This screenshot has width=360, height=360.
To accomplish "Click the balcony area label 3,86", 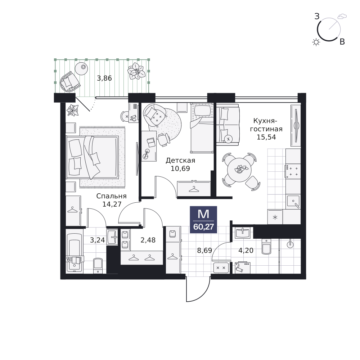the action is pyautogui.click(x=104, y=78).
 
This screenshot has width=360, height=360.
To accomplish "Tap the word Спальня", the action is pyautogui.click(x=111, y=196).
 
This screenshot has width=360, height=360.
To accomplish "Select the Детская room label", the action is pyautogui.click(x=180, y=160).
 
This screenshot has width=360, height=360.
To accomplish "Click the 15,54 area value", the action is pyautogui.click(x=266, y=137).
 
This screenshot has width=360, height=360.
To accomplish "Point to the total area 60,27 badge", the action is pyautogui.click(x=203, y=220).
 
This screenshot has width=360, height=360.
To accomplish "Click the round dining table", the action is pyautogui.click(x=239, y=170).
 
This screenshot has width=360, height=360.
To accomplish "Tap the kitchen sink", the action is pyautogui.click(x=293, y=201).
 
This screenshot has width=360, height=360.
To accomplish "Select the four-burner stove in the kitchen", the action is pyautogui.click(x=293, y=171).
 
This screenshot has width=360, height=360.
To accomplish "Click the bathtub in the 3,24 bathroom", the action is pyautogui.click(x=75, y=253).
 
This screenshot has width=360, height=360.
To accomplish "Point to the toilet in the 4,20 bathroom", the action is pyautogui.click(x=266, y=247).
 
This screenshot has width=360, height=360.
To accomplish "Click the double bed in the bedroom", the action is pyautogui.click(x=92, y=157).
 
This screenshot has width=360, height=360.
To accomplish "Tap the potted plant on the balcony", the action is pyautogui.click(x=136, y=71).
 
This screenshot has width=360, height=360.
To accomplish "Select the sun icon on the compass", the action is pyautogui.click(x=316, y=42).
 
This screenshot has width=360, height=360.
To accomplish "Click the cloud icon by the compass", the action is pyautogui.click(x=342, y=16).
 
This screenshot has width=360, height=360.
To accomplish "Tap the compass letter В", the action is pyautogui.click(x=342, y=42).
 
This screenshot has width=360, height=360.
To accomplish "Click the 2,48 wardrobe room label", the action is pyautogui.click(x=148, y=240).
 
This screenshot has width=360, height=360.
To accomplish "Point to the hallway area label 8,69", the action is pyautogui.click(x=204, y=250).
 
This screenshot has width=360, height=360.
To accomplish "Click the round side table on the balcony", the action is pyautogui.click(x=81, y=69).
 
